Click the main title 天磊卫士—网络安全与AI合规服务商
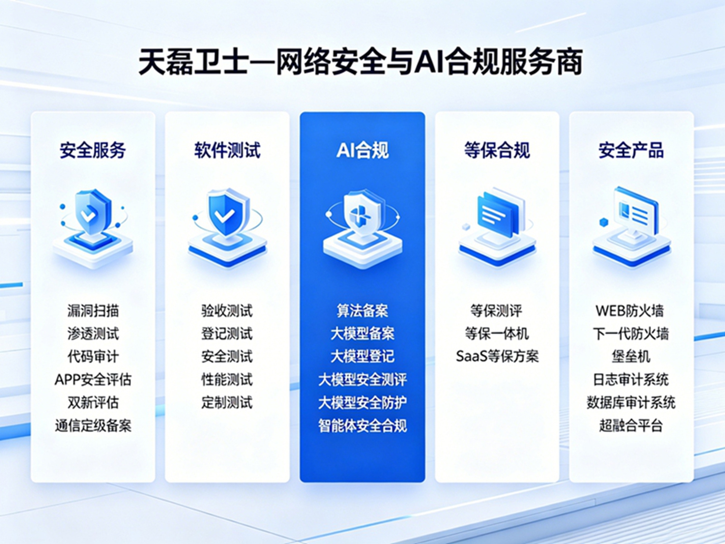point(361,62)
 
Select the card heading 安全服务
point(93,150)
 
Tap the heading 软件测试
point(227,150)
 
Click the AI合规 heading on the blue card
point(362,150)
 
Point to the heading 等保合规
point(497,150)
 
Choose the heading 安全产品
point(631,150)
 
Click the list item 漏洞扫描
point(93,311)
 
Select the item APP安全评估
point(93,380)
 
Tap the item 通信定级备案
point(93,426)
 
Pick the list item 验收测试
point(227,311)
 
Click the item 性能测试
point(227,380)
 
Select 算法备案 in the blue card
point(362,311)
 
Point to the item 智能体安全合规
point(362,426)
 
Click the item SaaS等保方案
point(497,356)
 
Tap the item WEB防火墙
point(630,311)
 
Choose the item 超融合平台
point(631,426)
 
